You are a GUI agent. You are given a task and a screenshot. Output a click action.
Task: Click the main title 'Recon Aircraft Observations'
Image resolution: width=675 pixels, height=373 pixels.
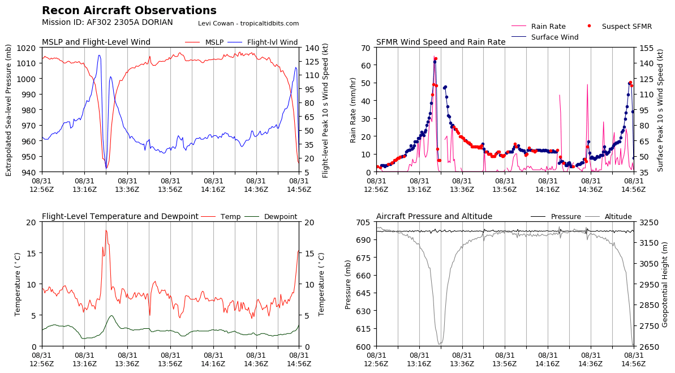coord(129,11)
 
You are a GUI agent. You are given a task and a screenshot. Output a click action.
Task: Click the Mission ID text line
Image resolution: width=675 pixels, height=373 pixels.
coord(107,23)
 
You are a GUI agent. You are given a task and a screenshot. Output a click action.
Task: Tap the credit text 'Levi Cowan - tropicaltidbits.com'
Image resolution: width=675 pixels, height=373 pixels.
coord(248,24)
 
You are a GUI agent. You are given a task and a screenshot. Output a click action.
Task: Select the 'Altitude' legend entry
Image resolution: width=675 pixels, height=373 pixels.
coord(618,217)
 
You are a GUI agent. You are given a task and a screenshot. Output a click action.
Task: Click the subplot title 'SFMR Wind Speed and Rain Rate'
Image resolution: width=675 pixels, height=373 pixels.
coord(441,42)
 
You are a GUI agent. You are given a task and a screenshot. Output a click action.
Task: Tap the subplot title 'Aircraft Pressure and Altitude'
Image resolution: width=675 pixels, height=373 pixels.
coord(434,217)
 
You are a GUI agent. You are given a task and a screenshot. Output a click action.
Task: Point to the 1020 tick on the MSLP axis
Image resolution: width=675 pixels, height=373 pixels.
coord(29,48)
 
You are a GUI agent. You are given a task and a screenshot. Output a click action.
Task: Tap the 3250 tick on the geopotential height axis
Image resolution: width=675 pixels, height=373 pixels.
coord(648,222)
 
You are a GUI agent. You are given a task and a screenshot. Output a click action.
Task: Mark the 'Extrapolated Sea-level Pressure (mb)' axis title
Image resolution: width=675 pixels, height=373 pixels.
coord(8,110)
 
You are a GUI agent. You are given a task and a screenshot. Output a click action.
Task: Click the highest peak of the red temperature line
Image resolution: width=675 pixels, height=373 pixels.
coord(105,230)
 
